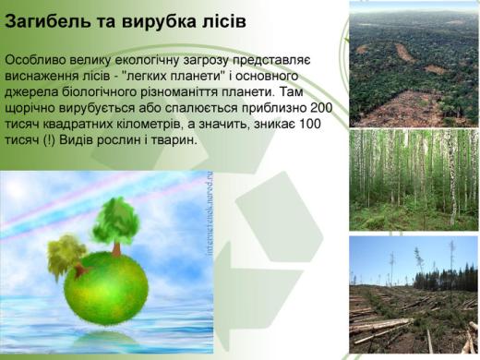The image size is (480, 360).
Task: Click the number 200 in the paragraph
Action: point(321,108)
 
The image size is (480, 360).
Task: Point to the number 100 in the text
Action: point(309,124)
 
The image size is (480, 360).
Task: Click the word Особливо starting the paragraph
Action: point(35,60)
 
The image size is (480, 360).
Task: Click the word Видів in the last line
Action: point(76,140)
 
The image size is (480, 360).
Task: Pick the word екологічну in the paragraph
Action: point(147,60)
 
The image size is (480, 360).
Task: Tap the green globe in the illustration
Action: point(106,288)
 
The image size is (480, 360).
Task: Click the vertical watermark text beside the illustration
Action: point(210,213)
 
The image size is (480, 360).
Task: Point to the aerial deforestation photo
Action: point(414,65)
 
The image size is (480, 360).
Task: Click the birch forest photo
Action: point(414,180)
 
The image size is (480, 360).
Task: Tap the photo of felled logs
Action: point(414,294)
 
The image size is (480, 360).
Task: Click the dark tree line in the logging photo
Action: point(446,280)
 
